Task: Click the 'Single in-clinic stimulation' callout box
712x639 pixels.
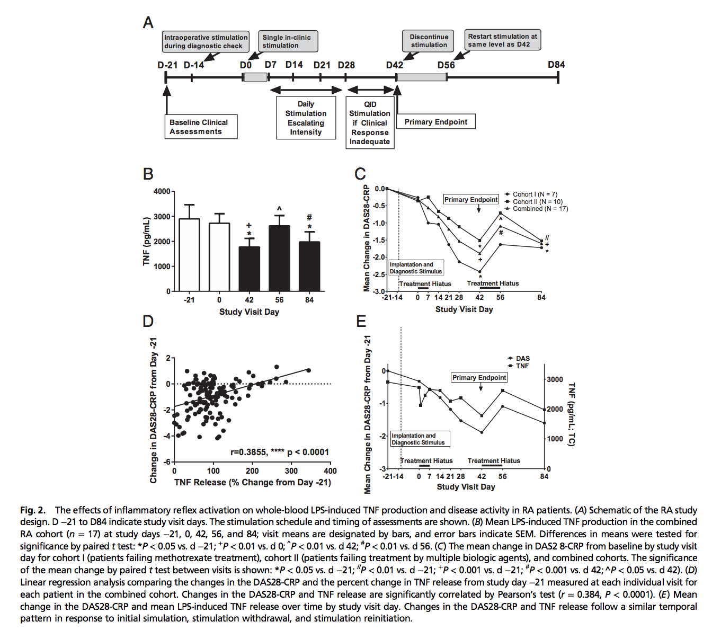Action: click(x=287, y=41)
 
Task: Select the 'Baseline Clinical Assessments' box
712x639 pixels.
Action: click(x=201, y=127)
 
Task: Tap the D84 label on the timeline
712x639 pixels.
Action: click(x=556, y=65)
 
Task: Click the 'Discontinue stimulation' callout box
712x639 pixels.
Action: click(x=429, y=41)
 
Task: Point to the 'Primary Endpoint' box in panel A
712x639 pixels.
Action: click(x=435, y=122)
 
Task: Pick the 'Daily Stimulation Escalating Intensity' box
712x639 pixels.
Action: click(x=306, y=118)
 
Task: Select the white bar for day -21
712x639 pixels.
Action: click(x=189, y=255)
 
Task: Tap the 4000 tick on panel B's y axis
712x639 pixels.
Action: click(x=162, y=191)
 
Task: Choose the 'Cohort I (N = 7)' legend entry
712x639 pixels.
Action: click(x=534, y=194)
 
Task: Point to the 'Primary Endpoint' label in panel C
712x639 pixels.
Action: click(x=471, y=200)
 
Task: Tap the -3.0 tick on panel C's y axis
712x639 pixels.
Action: click(x=379, y=291)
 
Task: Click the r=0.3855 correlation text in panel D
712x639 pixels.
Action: click(x=280, y=452)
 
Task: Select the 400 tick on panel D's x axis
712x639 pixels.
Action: click(x=330, y=471)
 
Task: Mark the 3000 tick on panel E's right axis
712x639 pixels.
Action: click(x=555, y=379)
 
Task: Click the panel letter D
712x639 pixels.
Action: click(x=148, y=321)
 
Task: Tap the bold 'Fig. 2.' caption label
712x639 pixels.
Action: click(x=33, y=510)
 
